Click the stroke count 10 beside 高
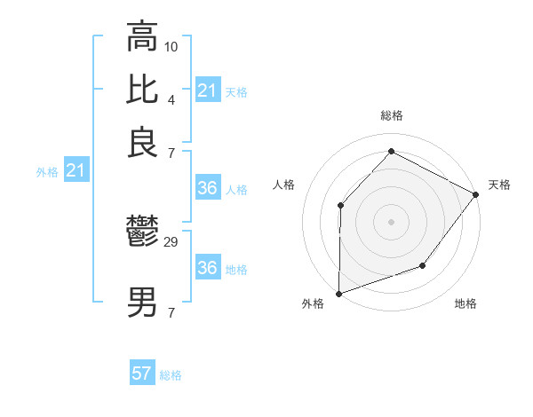tap(171, 44)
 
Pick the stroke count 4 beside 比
tap(171, 98)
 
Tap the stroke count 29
tap(171, 241)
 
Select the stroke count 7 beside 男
tap(171, 311)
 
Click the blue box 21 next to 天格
tap(207, 90)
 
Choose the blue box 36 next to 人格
tap(207, 188)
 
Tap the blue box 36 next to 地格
tap(207, 268)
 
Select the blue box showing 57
tap(142, 374)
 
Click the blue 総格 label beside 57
tap(171, 375)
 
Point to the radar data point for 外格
tap(338, 293)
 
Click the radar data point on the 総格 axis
tap(391, 151)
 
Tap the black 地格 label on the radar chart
tap(465, 304)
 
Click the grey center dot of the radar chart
tap(391, 221)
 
